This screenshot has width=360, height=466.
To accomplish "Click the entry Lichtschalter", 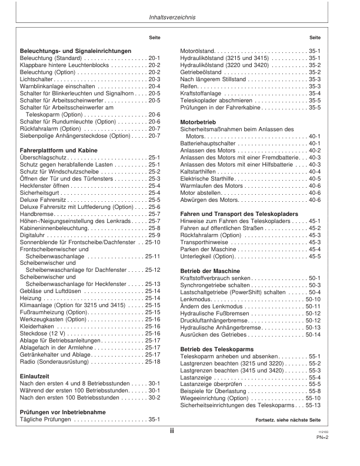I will (37, 78).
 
